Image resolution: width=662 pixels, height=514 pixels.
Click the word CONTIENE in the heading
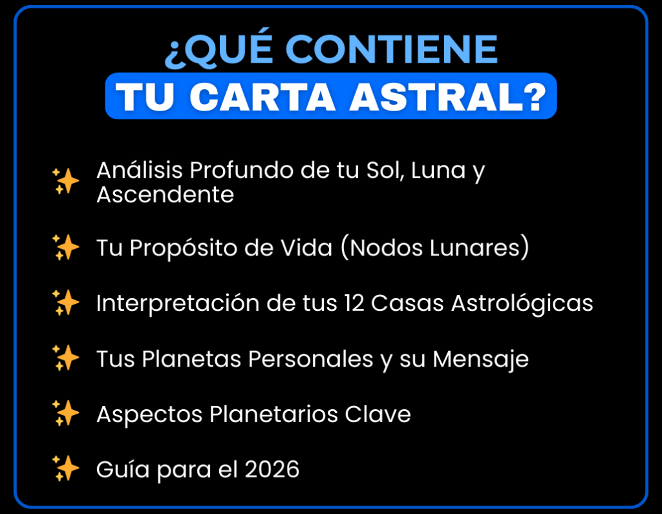coord(394,49)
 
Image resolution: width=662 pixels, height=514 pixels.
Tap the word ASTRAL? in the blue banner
coord(448,97)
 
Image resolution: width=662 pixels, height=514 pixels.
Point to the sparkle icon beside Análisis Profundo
coord(65,181)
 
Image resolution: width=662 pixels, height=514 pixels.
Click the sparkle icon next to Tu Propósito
coord(65,247)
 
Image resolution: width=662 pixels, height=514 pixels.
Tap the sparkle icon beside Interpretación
coord(65,303)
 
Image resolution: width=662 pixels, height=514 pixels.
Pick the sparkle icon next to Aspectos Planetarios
coord(65,414)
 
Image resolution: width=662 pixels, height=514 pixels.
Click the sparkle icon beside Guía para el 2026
coord(65,469)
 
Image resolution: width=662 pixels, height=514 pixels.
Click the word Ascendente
coord(165,195)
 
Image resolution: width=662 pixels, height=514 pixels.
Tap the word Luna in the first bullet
coord(438,170)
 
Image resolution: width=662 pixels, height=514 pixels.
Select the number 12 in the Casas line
coord(354,303)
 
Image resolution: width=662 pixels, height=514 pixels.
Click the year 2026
coord(272,469)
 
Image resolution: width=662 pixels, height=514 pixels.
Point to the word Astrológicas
coord(522,304)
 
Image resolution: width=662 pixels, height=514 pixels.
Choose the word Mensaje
coord(480,360)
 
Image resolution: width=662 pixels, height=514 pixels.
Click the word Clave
coord(378,414)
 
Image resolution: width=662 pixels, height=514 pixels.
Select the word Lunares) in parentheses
coord(479,247)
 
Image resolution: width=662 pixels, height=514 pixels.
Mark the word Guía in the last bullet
coord(123,469)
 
